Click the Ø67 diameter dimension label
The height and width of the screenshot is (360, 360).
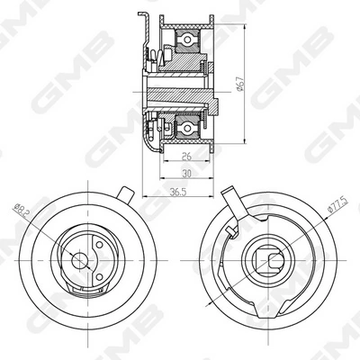click(x=239, y=84)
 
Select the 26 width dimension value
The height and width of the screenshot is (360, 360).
click(x=187, y=156)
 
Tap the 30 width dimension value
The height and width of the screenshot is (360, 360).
click(x=186, y=174)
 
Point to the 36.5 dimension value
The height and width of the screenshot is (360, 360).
click(x=178, y=192)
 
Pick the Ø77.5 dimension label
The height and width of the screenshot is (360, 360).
click(x=338, y=205)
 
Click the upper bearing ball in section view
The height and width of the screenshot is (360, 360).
click(x=187, y=40)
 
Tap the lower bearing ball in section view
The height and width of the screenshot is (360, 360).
click(x=187, y=128)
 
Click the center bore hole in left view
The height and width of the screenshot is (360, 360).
click(x=79, y=260)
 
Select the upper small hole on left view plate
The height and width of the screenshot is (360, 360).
click(x=99, y=245)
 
